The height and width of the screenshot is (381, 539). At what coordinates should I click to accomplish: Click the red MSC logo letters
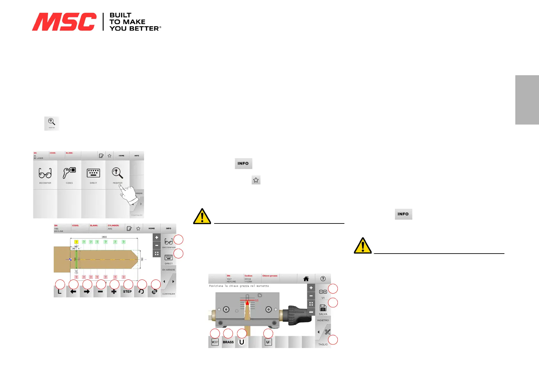coord(64,22)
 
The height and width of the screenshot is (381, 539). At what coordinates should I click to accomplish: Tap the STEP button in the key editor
coord(127,292)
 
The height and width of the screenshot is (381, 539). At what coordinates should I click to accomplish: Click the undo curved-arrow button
coord(141,292)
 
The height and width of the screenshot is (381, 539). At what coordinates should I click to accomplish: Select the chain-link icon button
coord(155,292)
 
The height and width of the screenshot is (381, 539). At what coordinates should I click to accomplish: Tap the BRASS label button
coord(228,342)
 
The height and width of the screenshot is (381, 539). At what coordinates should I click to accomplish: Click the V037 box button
coord(215,342)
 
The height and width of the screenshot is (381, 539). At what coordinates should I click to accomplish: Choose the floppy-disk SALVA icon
coord(323,308)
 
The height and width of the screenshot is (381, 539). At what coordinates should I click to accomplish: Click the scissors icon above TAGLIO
coord(327,332)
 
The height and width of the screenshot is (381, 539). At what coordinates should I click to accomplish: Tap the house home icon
coord(306,279)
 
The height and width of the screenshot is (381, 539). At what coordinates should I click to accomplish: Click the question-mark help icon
coord(323,279)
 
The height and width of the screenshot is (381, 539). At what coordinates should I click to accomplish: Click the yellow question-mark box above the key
coord(76,242)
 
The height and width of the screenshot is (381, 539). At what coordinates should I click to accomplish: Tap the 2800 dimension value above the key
coord(104,237)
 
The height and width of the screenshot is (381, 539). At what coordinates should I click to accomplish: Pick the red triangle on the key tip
coord(247,303)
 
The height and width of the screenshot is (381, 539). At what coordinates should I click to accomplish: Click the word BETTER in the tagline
coord(144,28)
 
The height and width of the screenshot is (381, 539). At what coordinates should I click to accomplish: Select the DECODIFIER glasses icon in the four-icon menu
coord(45,174)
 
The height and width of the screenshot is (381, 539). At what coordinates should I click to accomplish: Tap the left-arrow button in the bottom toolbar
coord(73,292)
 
